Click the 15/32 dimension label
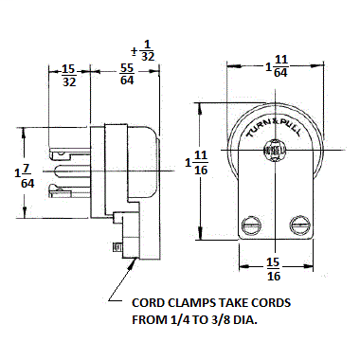pyautogui.click(x=69, y=76)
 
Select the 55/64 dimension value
pyautogui.click(x=127, y=76)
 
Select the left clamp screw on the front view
pyautogui.click(x=251, y=225)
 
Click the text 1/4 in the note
pyautogui.click(x=175, y=320)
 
